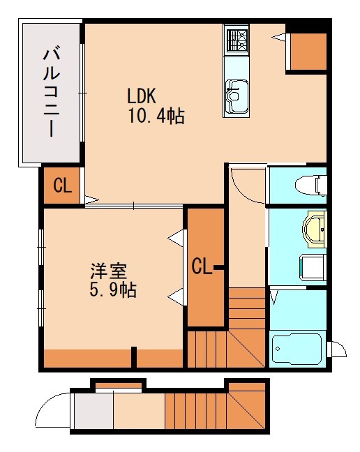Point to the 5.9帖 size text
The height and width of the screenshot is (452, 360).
pos(112,290)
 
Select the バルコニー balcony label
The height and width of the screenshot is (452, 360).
pos(51,91)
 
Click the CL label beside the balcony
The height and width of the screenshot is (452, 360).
pos(62,186)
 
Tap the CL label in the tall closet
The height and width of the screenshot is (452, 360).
pos(202,266)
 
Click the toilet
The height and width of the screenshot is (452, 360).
pos(311,185)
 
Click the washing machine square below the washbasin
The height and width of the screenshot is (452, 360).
pos(313,267)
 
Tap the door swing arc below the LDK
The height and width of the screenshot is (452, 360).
pos(246,183)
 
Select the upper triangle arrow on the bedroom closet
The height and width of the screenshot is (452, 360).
pos(175,239)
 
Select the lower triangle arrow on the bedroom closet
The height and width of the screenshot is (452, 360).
pos(175,296)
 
